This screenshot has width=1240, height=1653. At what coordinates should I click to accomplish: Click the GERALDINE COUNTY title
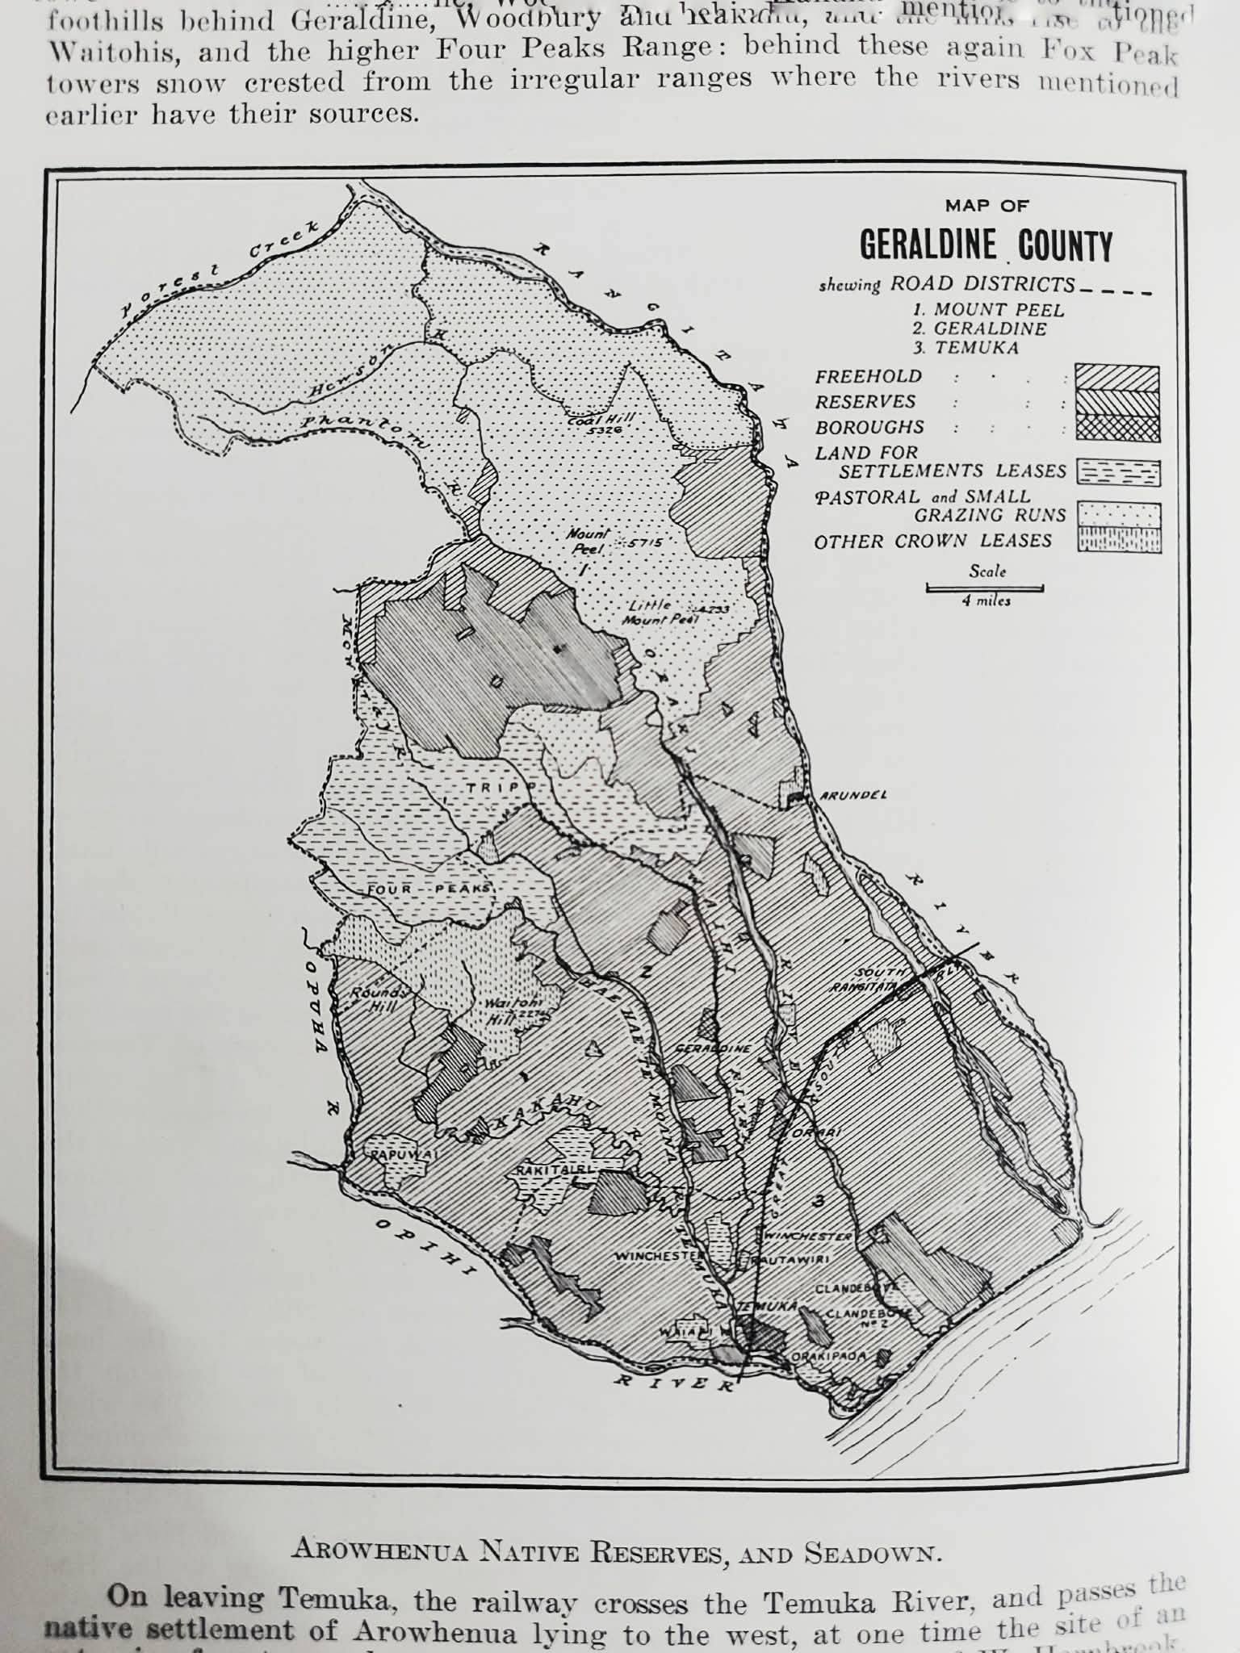(x=986, y=245)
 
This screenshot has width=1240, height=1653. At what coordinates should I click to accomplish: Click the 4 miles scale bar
(x=986, y=588)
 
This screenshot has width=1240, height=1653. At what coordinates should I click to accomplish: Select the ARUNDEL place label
(x=852, y=795)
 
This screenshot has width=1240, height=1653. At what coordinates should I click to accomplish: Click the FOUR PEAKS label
(x=429, y=889)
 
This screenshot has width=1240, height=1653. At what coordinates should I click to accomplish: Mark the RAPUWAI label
(x=402, y=1156)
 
